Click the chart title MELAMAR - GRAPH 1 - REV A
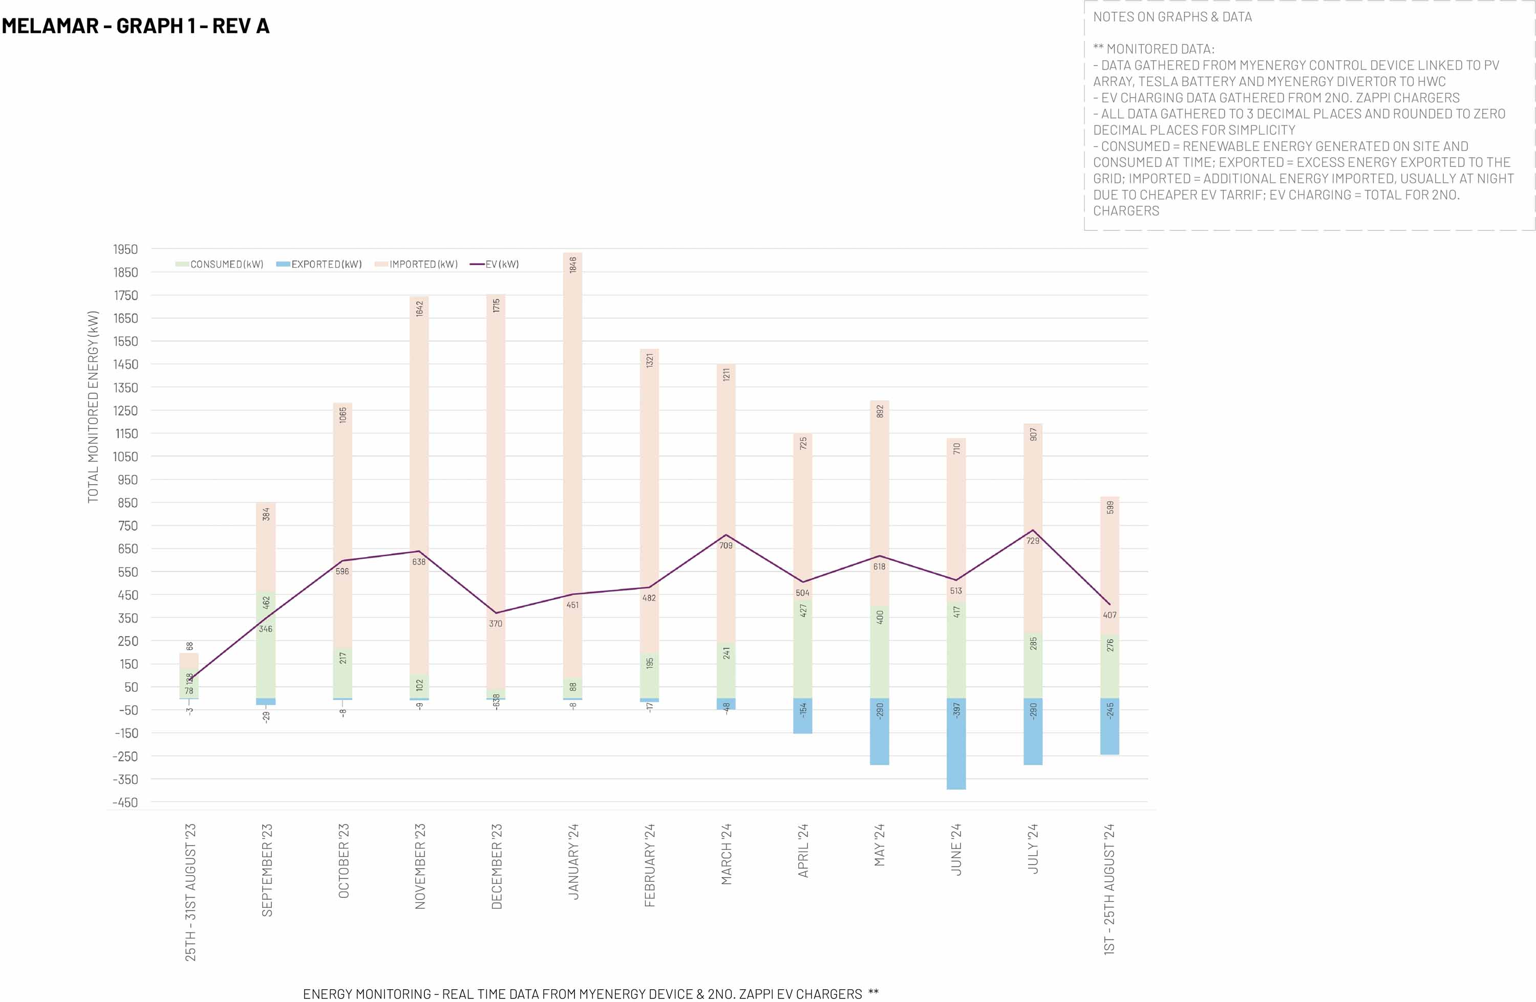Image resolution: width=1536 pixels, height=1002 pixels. coord(136,26)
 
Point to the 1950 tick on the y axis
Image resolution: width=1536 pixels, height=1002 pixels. coord(125,249)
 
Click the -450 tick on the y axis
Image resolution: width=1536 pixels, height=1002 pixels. coord(125,802)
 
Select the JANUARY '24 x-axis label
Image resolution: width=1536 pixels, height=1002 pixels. coord(573,861)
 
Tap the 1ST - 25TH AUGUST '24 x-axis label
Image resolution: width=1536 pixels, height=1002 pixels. coord(1110,889)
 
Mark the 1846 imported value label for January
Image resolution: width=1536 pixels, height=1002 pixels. coord(573,265)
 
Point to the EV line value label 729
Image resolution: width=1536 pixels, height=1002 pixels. coord(1033,541)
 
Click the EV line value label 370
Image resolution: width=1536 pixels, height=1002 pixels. coord(496,623)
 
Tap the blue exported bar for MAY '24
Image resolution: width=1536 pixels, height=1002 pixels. coord(879,732)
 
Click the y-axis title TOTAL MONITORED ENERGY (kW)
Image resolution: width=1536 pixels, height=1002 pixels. coord(94,406)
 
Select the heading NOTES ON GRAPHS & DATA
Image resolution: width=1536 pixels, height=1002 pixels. coord(1172,17)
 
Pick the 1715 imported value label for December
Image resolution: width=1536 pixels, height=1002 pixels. coord(496,306)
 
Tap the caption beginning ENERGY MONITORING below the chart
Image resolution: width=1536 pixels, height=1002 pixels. coord(590,994)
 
